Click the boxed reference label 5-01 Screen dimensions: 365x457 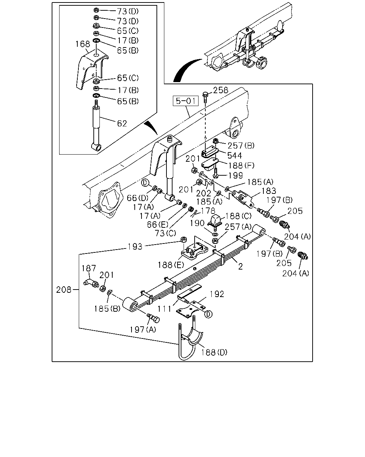coord(186,101)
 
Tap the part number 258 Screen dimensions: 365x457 coord(220,90)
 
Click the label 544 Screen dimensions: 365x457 coord(234,156)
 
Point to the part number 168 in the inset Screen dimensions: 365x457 coord(83,44)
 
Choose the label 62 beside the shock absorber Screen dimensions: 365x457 coord(122,124)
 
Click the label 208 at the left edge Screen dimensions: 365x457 coord(64,290)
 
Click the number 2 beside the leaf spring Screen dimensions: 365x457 coord(240,266)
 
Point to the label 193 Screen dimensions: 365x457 coord(135,247)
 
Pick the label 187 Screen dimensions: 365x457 coord(89,268)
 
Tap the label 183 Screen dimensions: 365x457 coord(269,191)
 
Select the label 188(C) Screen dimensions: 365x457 coord(238,216)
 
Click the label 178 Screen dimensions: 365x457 coord(208,211)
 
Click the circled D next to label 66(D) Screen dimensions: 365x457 coord(145,183)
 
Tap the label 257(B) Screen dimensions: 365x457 coord(241,146)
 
